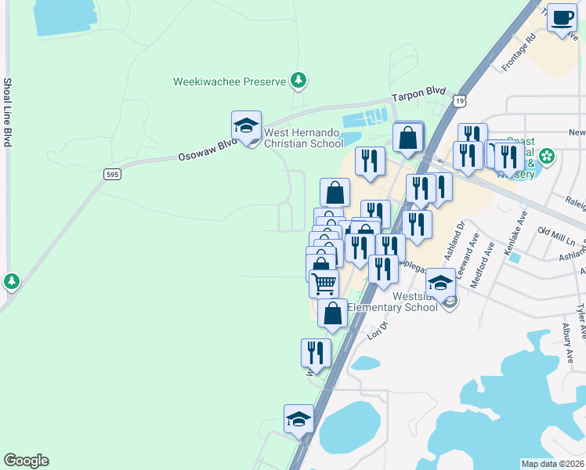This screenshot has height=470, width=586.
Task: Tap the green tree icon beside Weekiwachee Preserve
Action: pos(298,80)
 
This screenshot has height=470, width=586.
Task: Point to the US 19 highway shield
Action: pos(459,101)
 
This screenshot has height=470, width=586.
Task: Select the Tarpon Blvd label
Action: pos(418,93)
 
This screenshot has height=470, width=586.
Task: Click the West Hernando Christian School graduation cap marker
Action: pos(246,127)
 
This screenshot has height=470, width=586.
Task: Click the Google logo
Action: pos(26,461)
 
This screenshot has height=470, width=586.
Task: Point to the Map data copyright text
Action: pos(552,464)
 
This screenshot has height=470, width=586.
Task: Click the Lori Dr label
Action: pos(378,330)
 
